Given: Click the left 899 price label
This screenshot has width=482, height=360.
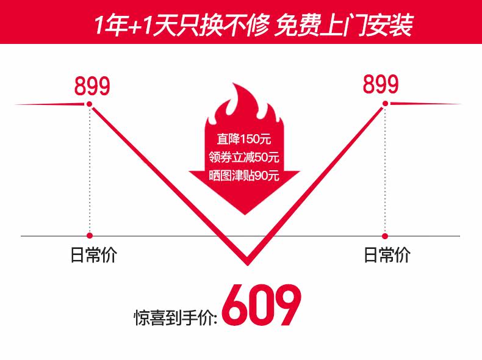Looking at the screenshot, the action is [x=93, y=87].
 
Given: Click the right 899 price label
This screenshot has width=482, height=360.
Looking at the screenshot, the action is [x=381, y=84].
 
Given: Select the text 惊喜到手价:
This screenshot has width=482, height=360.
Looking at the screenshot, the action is [x=176, y=317].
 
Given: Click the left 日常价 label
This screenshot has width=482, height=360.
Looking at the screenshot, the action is [x=93, y=254].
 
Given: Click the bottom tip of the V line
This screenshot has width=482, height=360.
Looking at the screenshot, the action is [x=248, y=262].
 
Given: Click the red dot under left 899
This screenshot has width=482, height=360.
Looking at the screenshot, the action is [x=90, y=105].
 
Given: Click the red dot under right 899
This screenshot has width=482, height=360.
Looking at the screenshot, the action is [x=385, y=104].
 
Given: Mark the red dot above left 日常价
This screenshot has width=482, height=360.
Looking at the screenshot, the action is [x=90, y=235].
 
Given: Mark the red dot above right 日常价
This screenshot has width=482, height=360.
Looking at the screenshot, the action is [x=385, y=235].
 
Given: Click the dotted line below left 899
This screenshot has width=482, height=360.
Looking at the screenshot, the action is [x=90, y=171].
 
